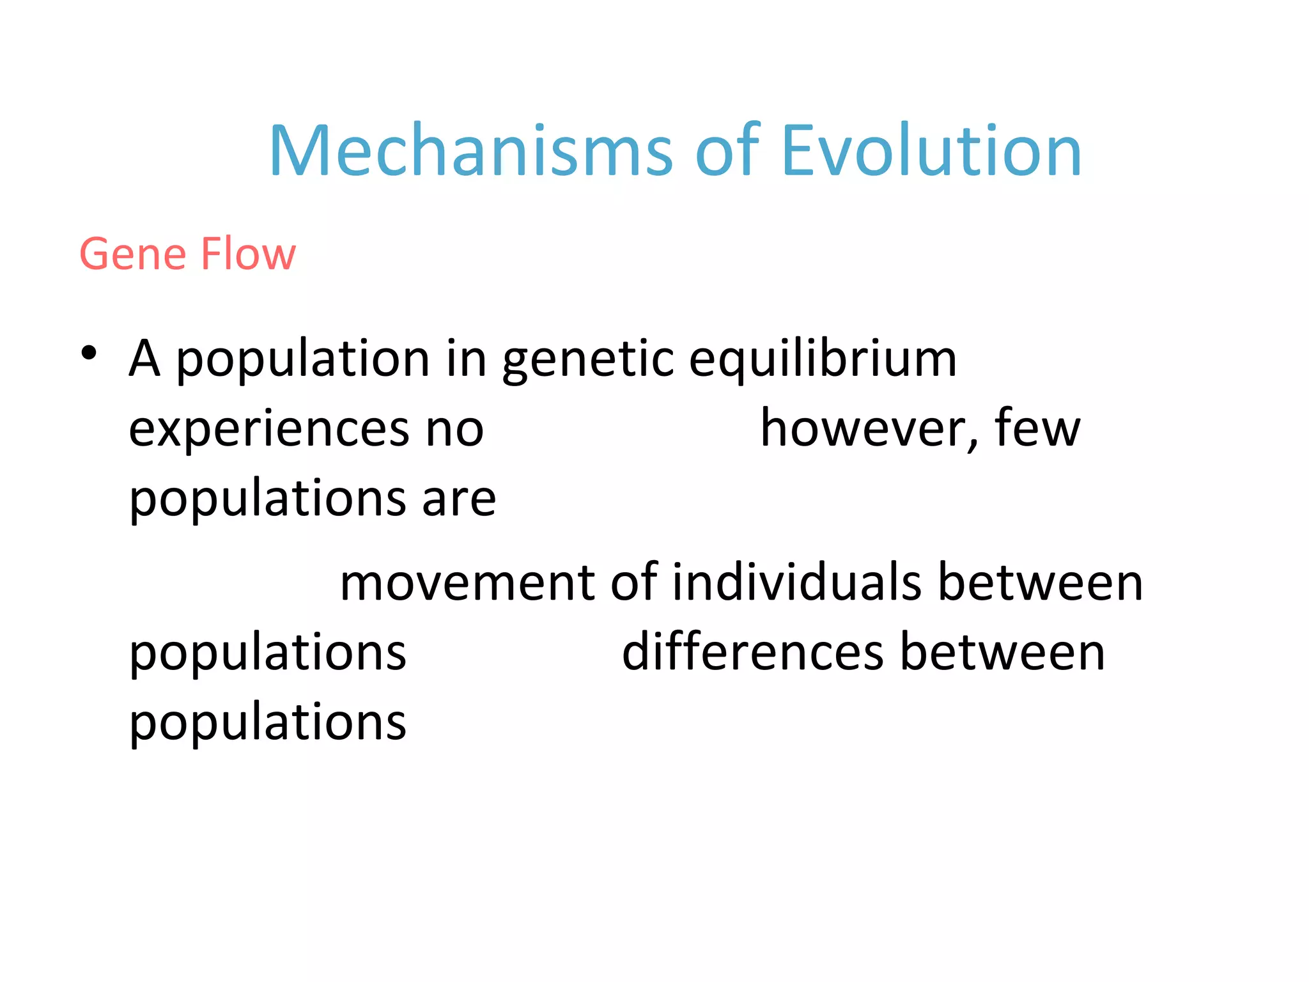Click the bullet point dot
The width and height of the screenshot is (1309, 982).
point(89,353)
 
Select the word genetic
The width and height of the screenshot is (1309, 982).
point(587,361)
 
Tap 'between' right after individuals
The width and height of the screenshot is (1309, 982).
point(1040,583)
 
